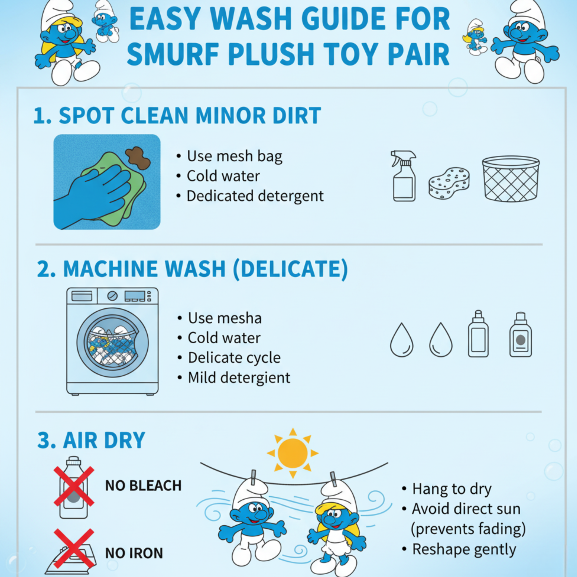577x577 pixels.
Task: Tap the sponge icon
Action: tap(449, 183)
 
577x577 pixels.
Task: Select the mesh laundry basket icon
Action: tap(511, 178)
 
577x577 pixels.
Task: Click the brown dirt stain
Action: tap(138, 158)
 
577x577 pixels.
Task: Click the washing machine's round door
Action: tap(113, 342)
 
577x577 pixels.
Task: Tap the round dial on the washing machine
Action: tap(112, 296)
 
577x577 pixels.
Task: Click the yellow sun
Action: tap(293, 453)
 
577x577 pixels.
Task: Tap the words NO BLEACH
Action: tap(143, 486)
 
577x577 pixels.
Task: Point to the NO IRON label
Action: tap(134, 553)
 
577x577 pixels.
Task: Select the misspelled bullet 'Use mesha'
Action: tap(225, 318)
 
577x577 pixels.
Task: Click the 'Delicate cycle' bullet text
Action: tap(235, 358)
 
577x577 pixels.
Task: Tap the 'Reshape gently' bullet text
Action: tap(464, 549)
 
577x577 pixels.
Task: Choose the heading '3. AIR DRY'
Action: tap(91, 440)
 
